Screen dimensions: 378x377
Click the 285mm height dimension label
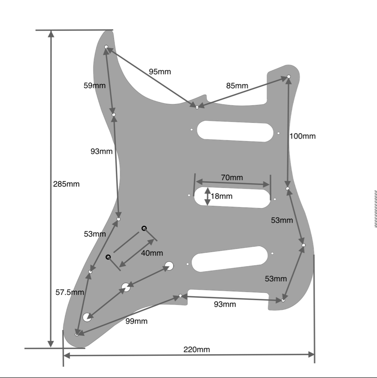click(66, 184)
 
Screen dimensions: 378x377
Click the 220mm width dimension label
click(197, 350)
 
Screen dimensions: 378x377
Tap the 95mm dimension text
click(159, 72)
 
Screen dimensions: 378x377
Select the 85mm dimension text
click(237, 86)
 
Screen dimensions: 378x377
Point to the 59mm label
click(95, 85)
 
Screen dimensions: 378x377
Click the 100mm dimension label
click(303, 136)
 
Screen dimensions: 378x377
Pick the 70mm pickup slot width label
click(232, 177)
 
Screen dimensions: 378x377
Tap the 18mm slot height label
click(221, 196)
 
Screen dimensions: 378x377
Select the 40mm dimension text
click(152, 253)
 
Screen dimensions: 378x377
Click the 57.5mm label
click(70, 292)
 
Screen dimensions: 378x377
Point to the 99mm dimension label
click(136, 321)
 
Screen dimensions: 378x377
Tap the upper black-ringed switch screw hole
click(144, 228)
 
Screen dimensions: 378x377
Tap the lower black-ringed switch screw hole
click(108, 257)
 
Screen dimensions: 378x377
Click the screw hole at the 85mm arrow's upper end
click(289, 77)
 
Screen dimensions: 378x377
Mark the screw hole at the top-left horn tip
click(106, 47)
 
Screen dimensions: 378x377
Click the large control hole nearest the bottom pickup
click(169, 266)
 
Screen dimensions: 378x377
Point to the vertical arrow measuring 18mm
click(208, 196)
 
